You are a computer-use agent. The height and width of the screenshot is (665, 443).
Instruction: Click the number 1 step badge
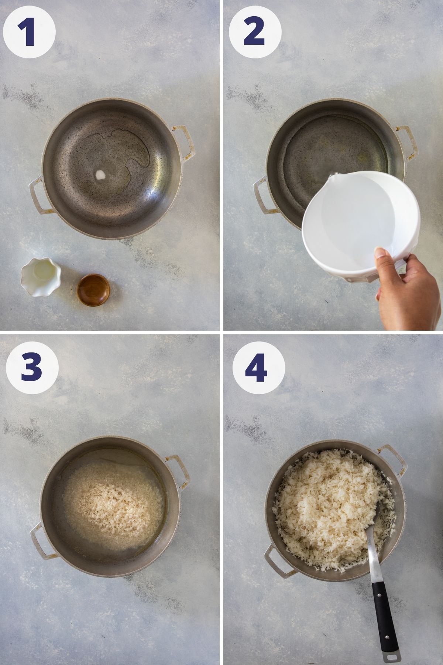[29, 30]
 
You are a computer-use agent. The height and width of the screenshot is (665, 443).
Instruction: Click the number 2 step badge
[255, 30]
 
